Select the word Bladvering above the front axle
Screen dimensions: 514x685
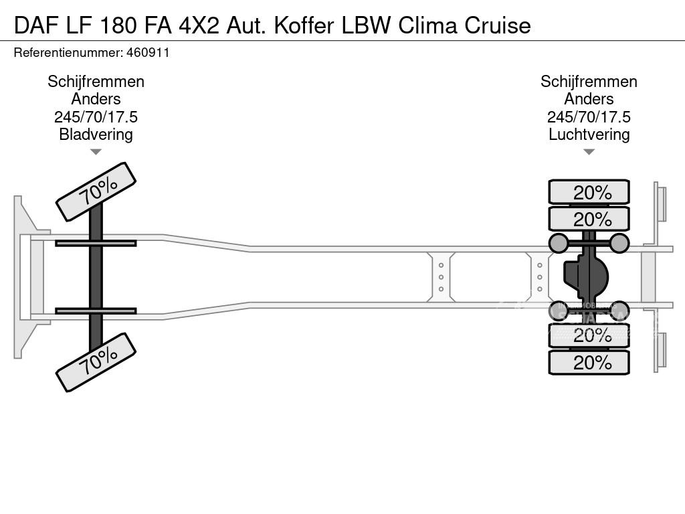(x=96, y=134)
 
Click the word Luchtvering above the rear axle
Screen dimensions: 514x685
(x=589, y=134)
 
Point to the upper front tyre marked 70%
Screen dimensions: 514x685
(x=96, y=191)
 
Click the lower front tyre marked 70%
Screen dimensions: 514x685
(x=96, y=362)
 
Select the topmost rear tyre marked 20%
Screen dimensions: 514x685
(x=589, y=192)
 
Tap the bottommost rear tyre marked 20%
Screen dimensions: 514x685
(x=589, y=363)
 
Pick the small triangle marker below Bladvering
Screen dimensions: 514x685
(x=96, y=152)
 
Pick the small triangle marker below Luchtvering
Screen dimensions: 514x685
(x=589, y=152)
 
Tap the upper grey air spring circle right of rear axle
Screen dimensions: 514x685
(x=619, y=242)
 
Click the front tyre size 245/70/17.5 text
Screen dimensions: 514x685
(x=96, y=116)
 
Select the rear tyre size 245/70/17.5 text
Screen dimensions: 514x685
(x=589, y=116)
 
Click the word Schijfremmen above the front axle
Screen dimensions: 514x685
(x=96, y=82)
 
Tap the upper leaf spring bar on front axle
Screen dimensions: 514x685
(x=96, y=243)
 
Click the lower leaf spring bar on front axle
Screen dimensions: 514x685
(x=96, y=311)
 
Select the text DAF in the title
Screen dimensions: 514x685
(x=32, y=25)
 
